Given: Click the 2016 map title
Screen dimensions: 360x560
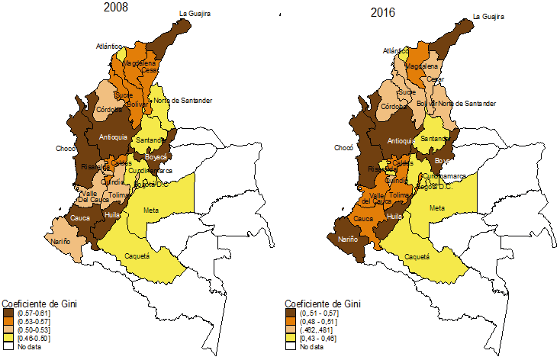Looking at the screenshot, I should click(x=384, y=13).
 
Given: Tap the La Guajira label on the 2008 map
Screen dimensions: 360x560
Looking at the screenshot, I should click(x=194, y=13).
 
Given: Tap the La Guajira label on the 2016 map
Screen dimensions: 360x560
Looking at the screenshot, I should click(x=488, y=16).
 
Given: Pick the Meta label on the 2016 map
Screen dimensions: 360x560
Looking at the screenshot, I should click(x=436, y=208).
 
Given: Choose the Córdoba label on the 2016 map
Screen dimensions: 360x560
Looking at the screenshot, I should click(x=394, y=107).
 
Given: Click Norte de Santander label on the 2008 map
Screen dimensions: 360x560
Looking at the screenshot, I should click(x=182, y=101).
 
